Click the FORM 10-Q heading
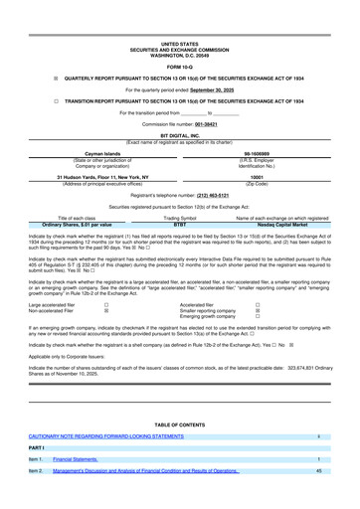click(x=179, y=39)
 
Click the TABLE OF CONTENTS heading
click(x=179, y=421)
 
